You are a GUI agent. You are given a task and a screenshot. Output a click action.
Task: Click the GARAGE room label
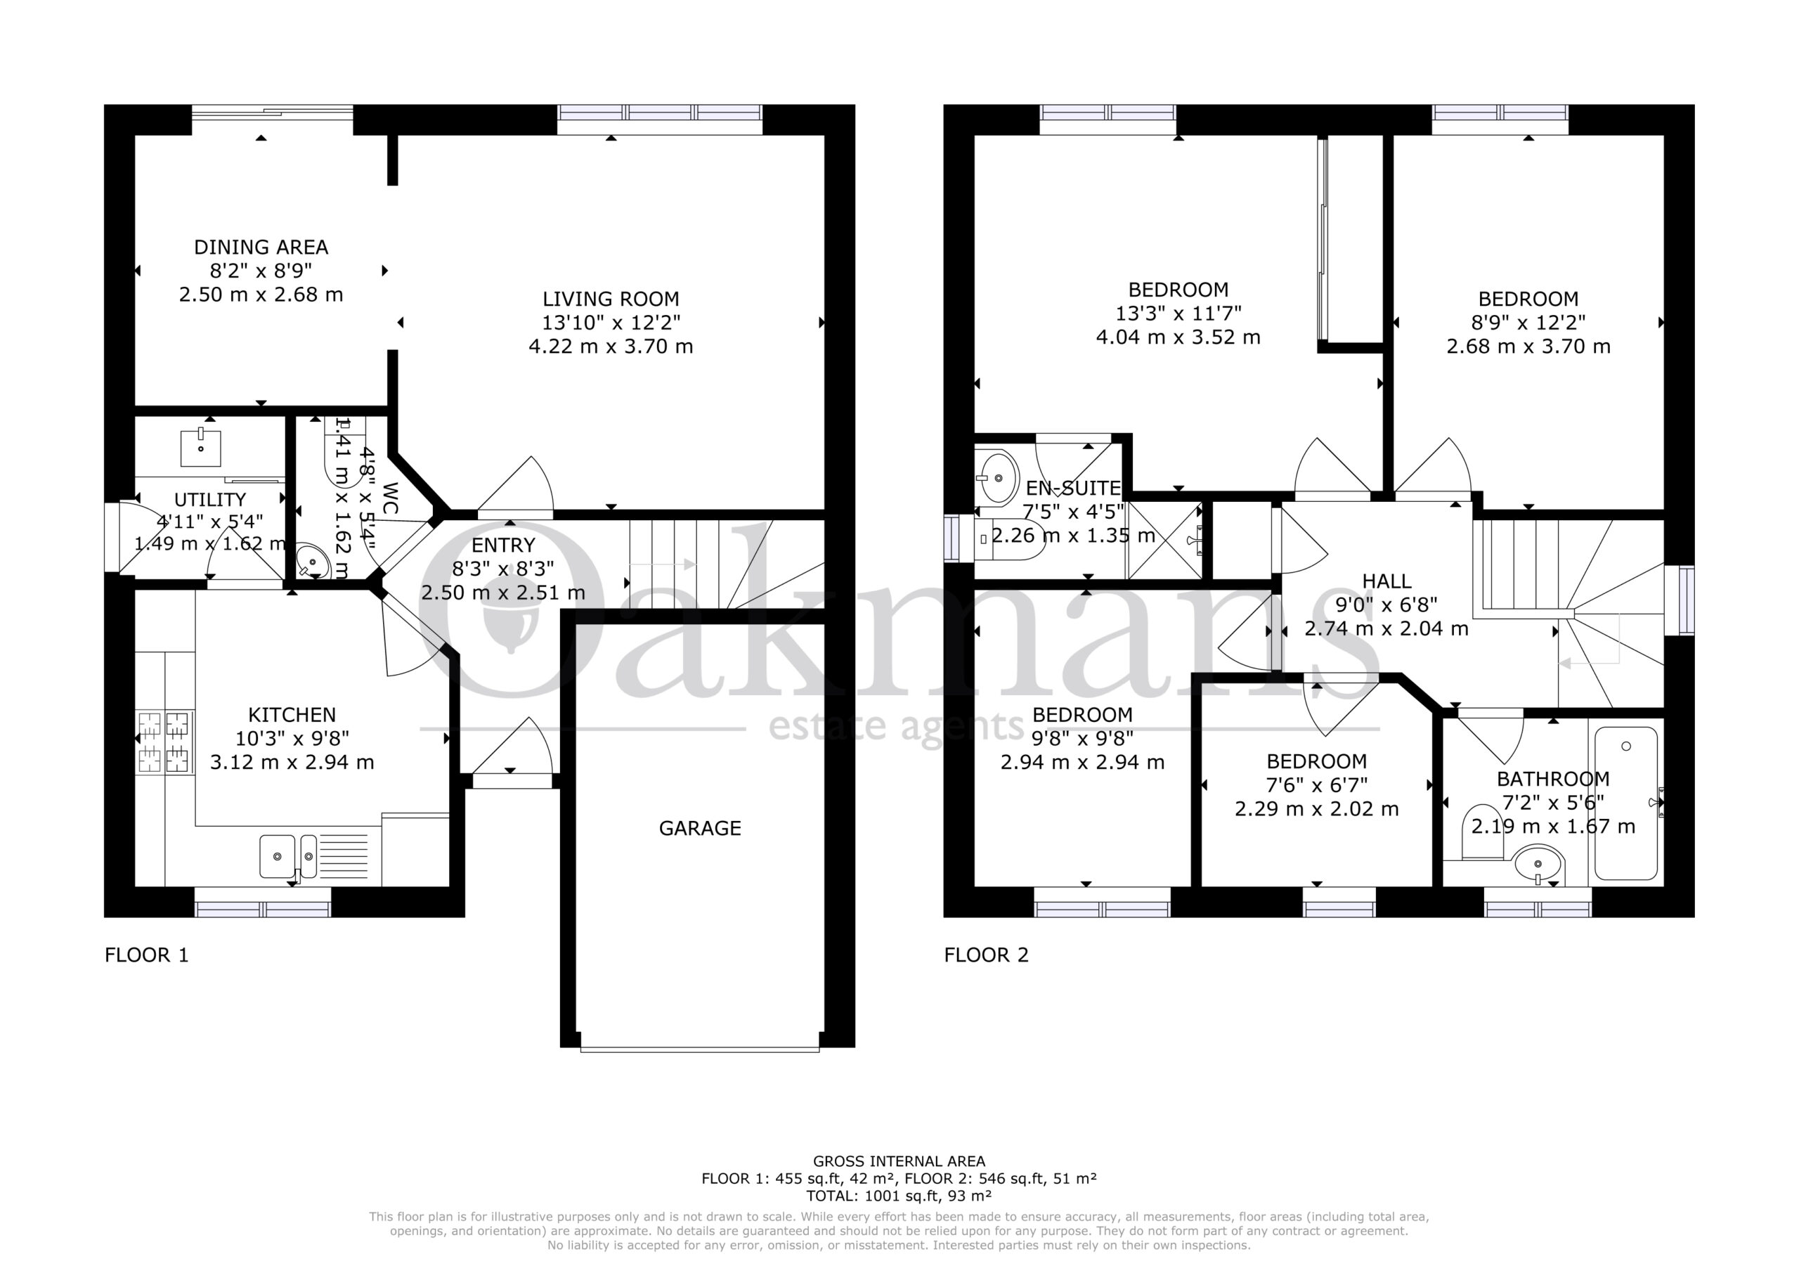pyautogui.click(x=700, y=829)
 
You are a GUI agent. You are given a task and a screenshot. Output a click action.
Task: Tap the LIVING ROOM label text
pyautogui.click(x=611, y=299)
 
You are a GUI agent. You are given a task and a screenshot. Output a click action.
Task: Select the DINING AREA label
pyautogui.click(x=261, y=247)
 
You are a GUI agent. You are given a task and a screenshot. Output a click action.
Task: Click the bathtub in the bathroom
pyautogui.click(x=1626, y=803)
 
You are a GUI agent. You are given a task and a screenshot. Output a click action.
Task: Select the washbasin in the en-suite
pyautogui.click(x=996, y=477)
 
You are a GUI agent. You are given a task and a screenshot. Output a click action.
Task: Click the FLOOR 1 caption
pyautogui.click(x=147, y=955)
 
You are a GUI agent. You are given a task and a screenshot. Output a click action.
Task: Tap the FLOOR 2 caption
pyautogui.click(x=987, y=955)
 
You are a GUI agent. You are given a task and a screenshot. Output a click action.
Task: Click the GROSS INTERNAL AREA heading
pyautogui.click(x=899, y=1162)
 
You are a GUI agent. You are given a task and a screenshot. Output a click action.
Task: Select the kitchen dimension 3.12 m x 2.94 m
pyautogui.click(x=292, y=762)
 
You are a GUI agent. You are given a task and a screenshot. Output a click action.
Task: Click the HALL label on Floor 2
pyautogui.click(x=1387, y=581)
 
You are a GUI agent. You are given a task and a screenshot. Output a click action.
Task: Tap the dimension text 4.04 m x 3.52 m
pyautogui.click(x=1178, y=337)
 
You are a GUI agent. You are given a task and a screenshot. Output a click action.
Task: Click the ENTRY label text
pyautogui.click(x=504, y=545)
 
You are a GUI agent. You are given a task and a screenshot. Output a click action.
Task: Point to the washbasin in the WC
pyautogui.click(x=313, y=562)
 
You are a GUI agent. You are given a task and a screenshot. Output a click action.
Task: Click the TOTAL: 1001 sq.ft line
pyautogui.click(x=899, y=1196)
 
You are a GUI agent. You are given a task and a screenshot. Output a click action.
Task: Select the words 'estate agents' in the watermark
pyautogui.click(x=897, y=727)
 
